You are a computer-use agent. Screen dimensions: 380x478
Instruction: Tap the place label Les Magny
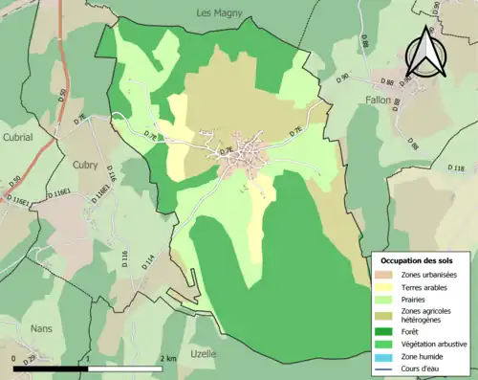point(219,12)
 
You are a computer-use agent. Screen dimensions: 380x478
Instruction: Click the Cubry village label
point(87,164)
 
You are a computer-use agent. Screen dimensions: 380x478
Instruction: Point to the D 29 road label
point(32,357)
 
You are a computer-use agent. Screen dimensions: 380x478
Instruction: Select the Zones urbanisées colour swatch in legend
point(384,275)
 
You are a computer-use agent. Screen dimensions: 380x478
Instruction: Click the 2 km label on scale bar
point(168,358)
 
